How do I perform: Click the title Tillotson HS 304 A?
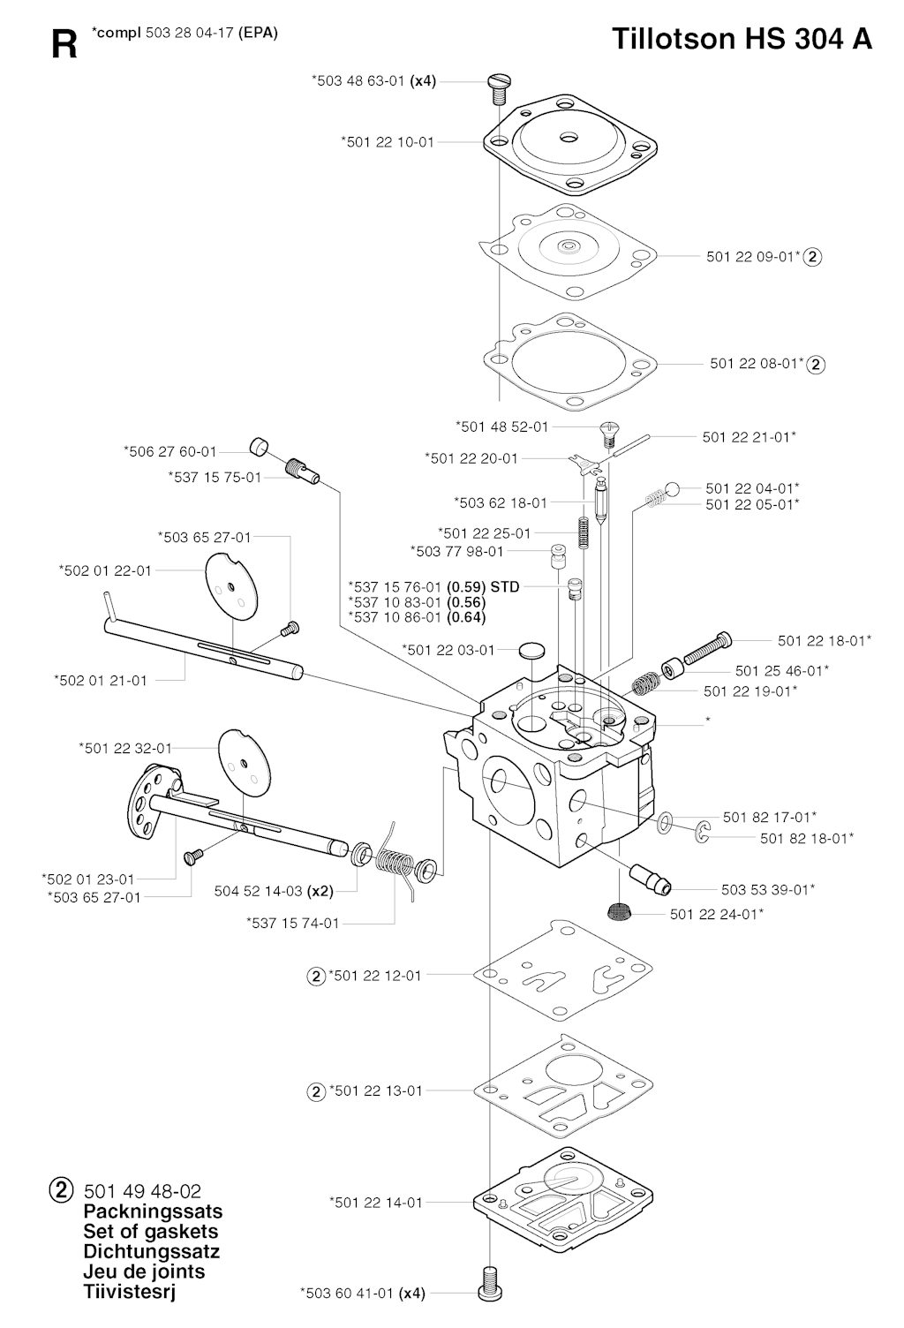coord(742,39)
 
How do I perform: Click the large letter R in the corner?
coord(64,44)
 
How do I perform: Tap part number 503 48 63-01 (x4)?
coord(373,80)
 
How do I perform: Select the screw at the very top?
coord(500,85)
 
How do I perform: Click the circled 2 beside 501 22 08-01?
coord(816,364)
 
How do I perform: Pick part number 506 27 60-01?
coord(170,451)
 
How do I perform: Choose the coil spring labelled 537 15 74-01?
coord(391,862)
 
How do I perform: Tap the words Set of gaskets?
coord(150,1231)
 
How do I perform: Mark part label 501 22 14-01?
coord(375,1202)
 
